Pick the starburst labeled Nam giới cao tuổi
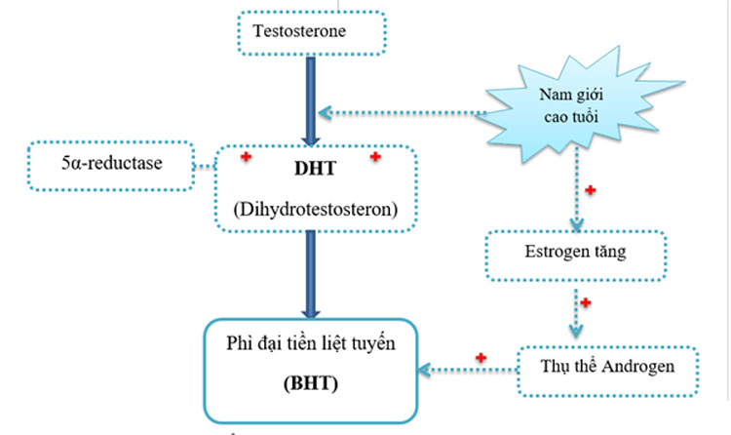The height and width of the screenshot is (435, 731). [x=569, y=103]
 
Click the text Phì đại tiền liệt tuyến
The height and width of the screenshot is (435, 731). [x=309, y=343]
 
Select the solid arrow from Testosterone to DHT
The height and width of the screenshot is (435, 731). [x=311, y=98]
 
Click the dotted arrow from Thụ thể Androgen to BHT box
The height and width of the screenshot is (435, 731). [x=468, y=369]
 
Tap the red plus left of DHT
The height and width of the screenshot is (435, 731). [x=247, y=157]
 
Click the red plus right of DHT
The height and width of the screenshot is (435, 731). [x=375, y=157]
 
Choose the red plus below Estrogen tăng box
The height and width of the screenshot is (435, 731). [x=585, y=303]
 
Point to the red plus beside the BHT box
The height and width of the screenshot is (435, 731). [x=480, y=357]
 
